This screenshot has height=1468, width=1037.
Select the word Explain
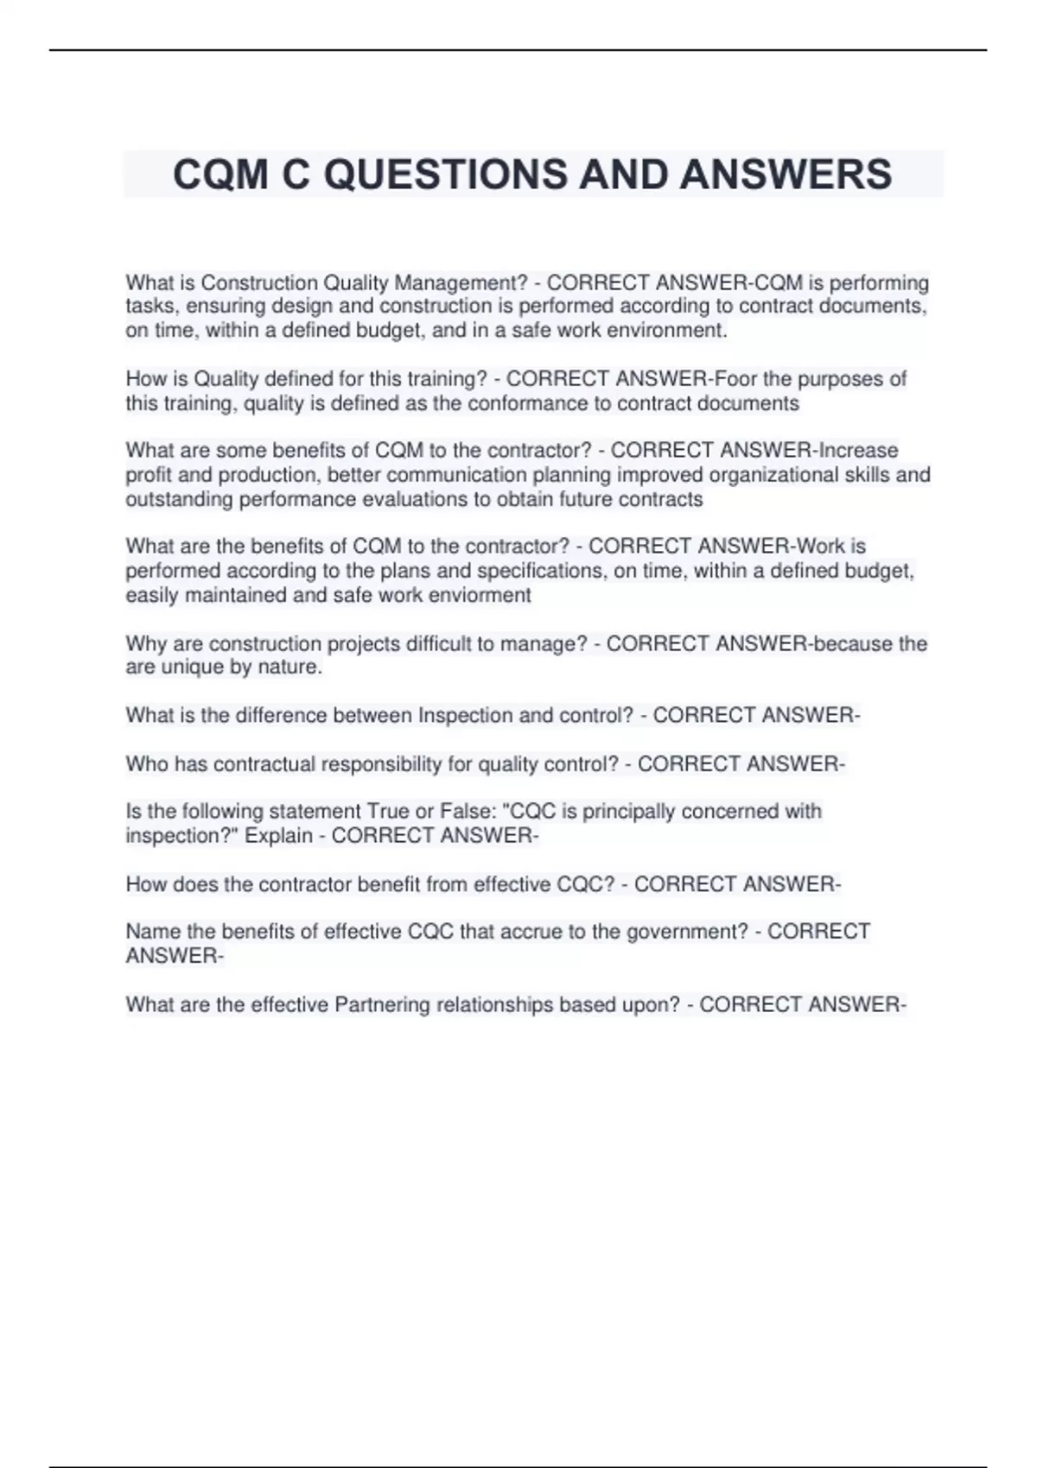[278, 835]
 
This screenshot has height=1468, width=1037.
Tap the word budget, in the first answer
[388, 330]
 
